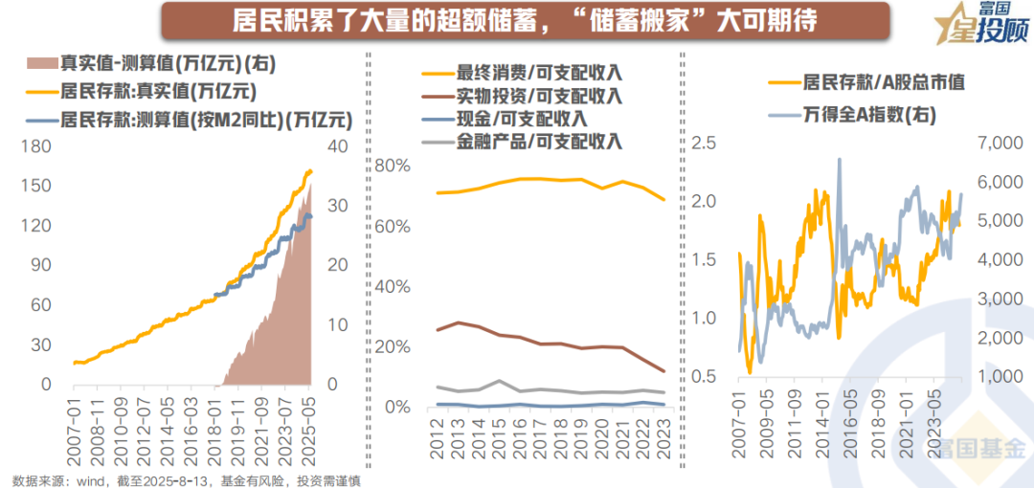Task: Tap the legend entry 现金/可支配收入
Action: tap(522, 118)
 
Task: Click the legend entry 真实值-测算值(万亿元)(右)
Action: tap(163, 64)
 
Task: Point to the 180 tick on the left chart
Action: tap(37, 146)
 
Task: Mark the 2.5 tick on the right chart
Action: tap(704, 143)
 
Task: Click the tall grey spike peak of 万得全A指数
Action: tap(840, 160)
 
